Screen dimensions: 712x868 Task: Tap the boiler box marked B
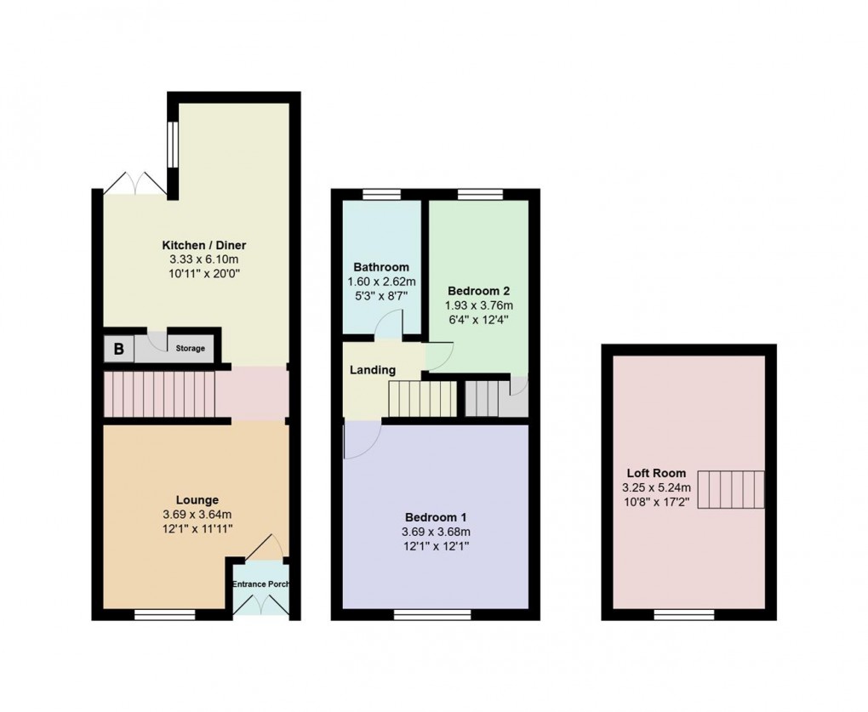coord(118,349)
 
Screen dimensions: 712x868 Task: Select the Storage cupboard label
coord(191,349)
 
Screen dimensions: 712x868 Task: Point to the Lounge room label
coord(197,500)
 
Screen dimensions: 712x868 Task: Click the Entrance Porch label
coord(260,584)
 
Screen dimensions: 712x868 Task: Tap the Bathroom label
coord(382,267)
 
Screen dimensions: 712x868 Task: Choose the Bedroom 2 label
coord(478,289)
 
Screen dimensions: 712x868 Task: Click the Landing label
coord(373,370)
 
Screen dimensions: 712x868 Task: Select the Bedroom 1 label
coord(435,517)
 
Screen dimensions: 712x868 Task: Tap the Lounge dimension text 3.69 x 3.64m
coord(197,514)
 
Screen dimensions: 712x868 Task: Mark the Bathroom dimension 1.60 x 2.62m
coord(382,282)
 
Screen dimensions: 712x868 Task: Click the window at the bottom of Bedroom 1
coord(431,614)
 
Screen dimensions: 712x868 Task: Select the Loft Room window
coord(683,614)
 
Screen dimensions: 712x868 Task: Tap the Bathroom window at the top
coord(382,195)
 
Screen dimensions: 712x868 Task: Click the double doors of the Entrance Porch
coord(260,605)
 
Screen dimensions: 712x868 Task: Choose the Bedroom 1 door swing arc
coord(362,440)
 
